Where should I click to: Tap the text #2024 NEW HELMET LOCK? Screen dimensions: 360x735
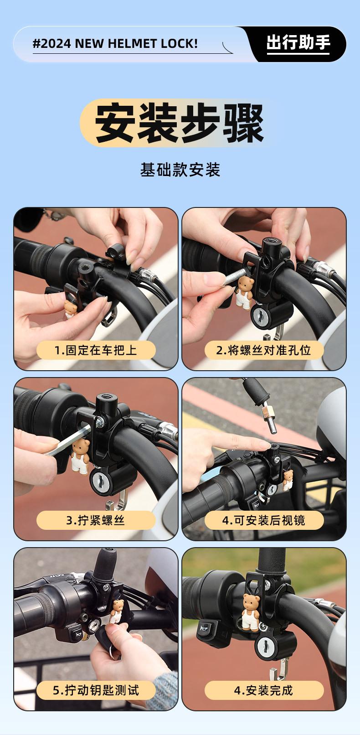pos(115,44)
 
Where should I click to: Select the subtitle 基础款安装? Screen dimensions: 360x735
pos(180,170)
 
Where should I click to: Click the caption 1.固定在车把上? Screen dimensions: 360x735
pos(95,350)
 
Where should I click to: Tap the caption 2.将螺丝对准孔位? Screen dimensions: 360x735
pos(263,350)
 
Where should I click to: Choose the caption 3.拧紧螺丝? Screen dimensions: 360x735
pos(95,520)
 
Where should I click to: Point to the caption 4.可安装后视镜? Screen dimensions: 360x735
pos(263,520)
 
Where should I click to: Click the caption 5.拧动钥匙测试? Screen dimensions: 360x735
pos(95,690)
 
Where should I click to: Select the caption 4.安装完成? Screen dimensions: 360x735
pos(263,690)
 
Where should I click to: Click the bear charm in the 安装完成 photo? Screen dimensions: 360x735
pos(251,612)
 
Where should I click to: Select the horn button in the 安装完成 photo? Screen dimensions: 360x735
pos(207,628)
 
